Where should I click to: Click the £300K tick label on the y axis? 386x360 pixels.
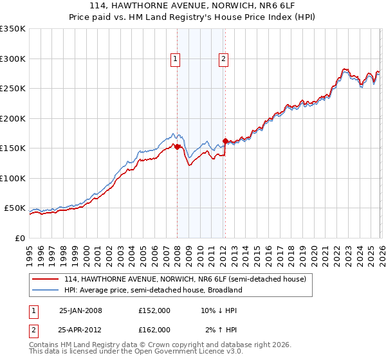[13, 59]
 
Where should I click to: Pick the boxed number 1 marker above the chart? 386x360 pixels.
[176, 59]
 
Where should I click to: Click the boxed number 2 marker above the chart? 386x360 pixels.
[223, 59]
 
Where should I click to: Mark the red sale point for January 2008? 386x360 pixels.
[178, 147]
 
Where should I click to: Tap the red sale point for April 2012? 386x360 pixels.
[225, 141]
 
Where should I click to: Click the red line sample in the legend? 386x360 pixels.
[46, 280]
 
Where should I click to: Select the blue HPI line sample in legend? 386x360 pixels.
[46, 290]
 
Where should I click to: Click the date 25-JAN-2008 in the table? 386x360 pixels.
[80, 310]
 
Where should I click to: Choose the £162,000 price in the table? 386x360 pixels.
[154, 329]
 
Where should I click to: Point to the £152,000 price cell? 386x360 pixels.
[154, 310]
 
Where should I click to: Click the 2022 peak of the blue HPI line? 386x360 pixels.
[344, 69]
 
